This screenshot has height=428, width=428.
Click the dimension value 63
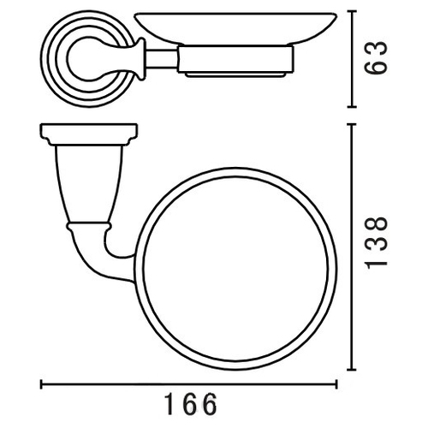[x=377, y=58]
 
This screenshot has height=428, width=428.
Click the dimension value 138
[x=377, y=242]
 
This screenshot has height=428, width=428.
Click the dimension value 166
[x=192, y=404]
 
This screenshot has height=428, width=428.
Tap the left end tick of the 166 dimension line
[x=41, y=384]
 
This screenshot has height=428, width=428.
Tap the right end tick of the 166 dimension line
[x=336, y=384]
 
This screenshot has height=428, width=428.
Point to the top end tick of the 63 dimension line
[x=352, y=11]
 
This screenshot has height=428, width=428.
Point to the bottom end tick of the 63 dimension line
[x=352, y=106]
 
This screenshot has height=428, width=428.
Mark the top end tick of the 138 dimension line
[x=352, y=124]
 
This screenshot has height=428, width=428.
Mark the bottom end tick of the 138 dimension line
[x=352, y=369]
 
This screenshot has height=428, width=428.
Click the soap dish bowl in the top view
[x=235, y=28]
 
